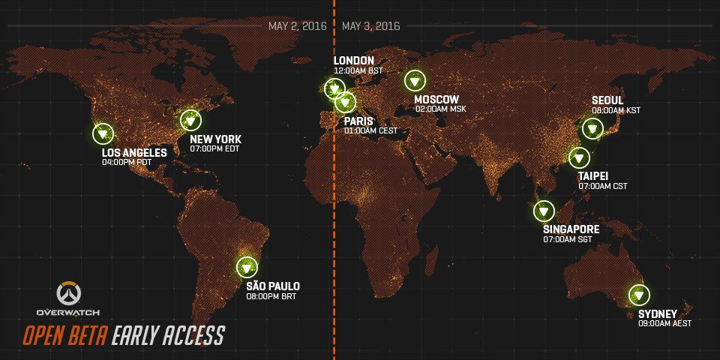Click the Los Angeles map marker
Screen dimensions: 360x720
point(103,134)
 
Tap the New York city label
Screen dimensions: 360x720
point(215,139)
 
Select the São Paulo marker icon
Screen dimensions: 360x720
point(247,266)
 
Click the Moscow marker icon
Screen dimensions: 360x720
point(414,80)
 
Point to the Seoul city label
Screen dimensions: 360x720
point(607,100)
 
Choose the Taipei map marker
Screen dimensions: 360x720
point(578,157)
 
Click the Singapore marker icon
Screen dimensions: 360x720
point(544,211)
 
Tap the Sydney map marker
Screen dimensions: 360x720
point(639,295)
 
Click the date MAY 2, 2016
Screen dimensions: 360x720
point(298,26)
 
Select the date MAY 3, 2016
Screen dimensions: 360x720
point(370,26)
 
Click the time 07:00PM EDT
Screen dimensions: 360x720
point(215,149)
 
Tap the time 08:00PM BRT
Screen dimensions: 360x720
point(271,296)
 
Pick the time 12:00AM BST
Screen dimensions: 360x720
point(358,70)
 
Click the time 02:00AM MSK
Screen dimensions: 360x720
point(441,109)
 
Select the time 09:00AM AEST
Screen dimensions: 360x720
point(664,323)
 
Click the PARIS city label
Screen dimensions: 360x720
point(358,121)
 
